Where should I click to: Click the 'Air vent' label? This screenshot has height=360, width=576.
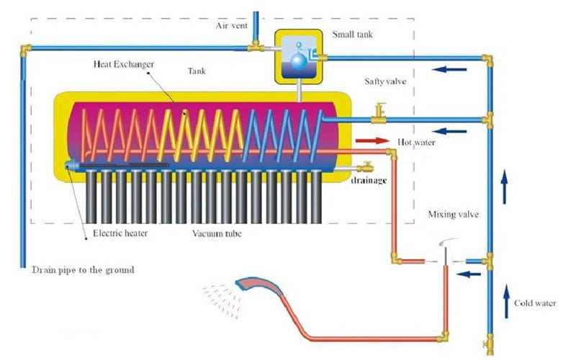231,26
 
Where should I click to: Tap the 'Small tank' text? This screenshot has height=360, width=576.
352,35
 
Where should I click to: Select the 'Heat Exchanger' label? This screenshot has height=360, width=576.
123,64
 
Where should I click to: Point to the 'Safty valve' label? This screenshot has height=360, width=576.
385,81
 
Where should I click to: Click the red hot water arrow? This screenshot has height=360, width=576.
372,140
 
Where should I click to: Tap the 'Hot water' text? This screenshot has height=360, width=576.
416,142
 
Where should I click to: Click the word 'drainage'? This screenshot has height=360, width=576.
369,181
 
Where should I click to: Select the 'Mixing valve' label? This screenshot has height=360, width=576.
454,214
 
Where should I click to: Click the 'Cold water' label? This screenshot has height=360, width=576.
535,303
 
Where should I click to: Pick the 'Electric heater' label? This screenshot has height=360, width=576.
120,233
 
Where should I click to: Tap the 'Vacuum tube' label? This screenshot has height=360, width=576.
217,233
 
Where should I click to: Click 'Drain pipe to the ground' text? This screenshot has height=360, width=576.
83,270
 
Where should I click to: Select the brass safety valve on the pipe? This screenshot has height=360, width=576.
379,113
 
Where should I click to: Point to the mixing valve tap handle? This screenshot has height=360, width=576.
448,242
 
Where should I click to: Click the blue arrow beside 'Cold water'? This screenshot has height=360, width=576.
507,301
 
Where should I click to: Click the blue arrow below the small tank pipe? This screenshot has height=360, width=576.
449,69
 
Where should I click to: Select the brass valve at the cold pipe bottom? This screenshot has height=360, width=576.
490,344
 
